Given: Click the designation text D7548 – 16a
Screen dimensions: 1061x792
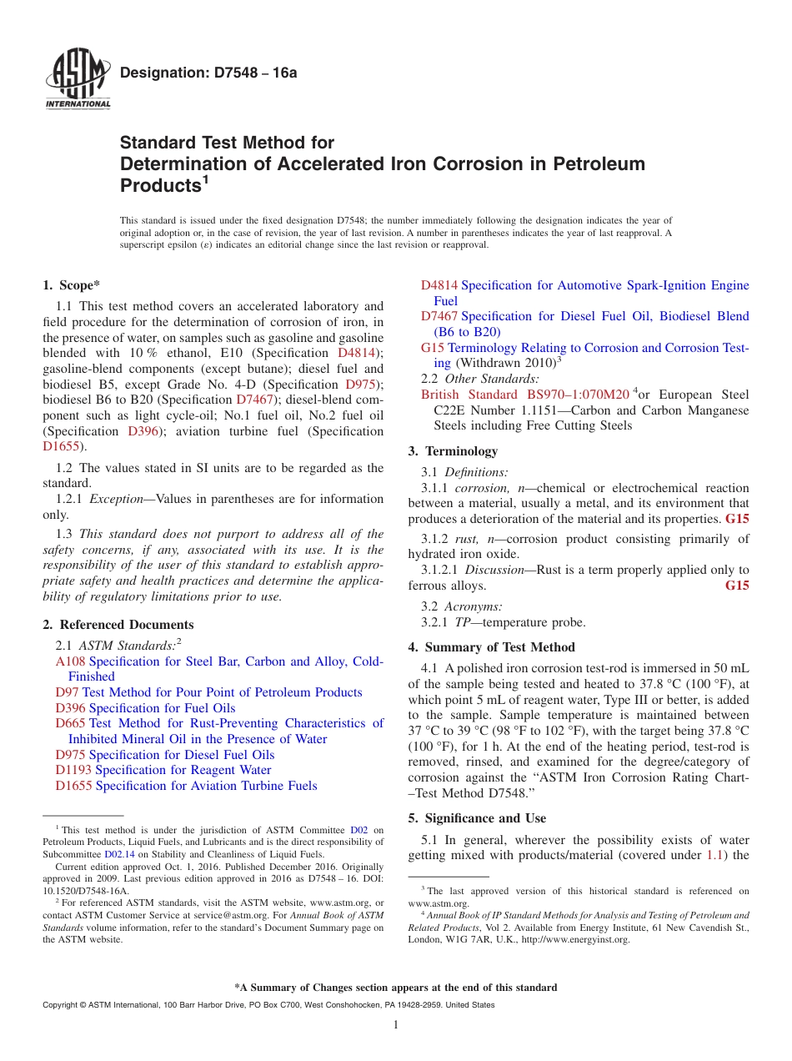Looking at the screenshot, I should coord(208,73).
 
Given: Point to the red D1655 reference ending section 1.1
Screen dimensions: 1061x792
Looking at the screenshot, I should coord(62,446).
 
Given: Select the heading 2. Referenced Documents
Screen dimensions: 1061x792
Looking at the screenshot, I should coord(118,625).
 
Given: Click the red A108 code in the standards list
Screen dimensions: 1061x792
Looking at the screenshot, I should coord(70,661).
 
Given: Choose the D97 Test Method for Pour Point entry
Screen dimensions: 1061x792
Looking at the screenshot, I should coord(208,692).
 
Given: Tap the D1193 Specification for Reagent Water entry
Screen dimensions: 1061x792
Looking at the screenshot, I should coord(163,770).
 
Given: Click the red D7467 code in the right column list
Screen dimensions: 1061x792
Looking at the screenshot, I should coord(439,316).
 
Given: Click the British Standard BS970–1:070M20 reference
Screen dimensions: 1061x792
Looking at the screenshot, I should coord(525,395).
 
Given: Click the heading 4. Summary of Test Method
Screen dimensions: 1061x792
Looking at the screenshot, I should coord(491,647).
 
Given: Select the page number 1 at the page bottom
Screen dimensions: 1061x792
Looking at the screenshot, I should coord(396,1025).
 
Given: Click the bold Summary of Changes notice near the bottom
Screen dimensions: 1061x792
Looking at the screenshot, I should coord(396,988).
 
